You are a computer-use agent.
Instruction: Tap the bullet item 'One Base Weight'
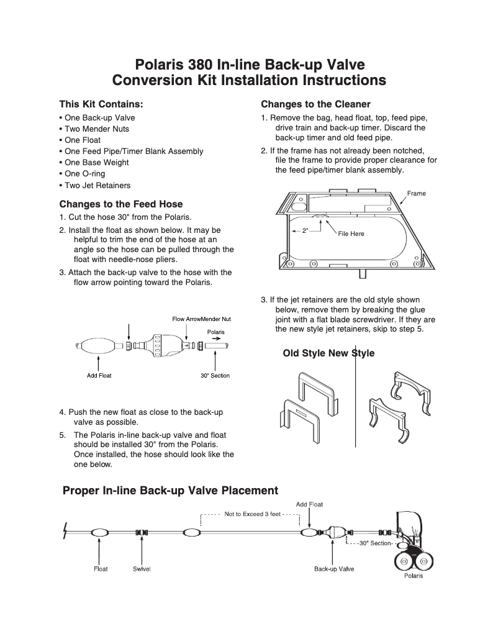96,163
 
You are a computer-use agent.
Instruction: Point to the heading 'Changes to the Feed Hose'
121,204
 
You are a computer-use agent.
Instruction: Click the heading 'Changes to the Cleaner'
315,104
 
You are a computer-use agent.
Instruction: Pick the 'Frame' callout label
416,194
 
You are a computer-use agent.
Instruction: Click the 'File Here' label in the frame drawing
351,234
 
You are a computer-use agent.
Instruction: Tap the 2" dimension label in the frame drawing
305,231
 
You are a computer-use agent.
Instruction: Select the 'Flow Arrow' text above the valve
186,319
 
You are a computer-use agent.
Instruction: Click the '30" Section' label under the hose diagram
215,376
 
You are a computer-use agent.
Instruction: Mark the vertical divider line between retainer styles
356,397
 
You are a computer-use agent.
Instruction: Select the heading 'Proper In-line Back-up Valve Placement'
171,491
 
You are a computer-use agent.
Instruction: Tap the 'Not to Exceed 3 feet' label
253,514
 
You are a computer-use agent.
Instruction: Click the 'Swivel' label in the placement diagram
142,569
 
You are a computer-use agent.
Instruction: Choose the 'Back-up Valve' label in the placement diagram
333,569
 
